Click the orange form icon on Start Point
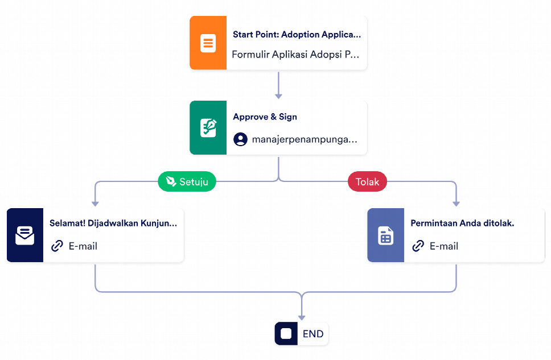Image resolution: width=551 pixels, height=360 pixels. [208, 43]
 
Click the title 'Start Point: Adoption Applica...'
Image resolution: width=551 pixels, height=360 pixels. [297, 34]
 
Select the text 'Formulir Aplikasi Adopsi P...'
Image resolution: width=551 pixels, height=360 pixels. [295, 55]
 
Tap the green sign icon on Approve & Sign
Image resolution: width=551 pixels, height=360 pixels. [208, 128]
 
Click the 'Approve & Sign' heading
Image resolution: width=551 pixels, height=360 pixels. [265, 117]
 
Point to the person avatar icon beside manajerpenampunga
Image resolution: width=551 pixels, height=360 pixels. [240, 139]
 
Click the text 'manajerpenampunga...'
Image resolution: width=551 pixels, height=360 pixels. [305, 139]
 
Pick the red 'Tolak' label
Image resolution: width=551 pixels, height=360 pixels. [367, 181]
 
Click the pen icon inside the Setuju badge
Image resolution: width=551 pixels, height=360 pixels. [171, 181]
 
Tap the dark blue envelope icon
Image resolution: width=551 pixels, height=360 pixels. [24, 235]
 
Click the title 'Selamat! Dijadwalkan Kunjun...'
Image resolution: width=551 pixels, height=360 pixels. [113, 224]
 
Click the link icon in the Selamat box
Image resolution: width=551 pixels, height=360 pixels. [57, 246]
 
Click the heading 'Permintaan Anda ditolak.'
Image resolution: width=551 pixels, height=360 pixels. [462, 224]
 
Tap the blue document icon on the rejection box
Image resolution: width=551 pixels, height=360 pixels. [385, 235]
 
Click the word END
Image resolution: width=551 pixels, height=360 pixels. [313, 334]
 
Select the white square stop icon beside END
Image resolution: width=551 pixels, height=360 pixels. [286, 334]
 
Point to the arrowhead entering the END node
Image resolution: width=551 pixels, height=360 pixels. [301, 316]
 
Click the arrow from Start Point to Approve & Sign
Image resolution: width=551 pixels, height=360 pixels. [278, 85]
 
